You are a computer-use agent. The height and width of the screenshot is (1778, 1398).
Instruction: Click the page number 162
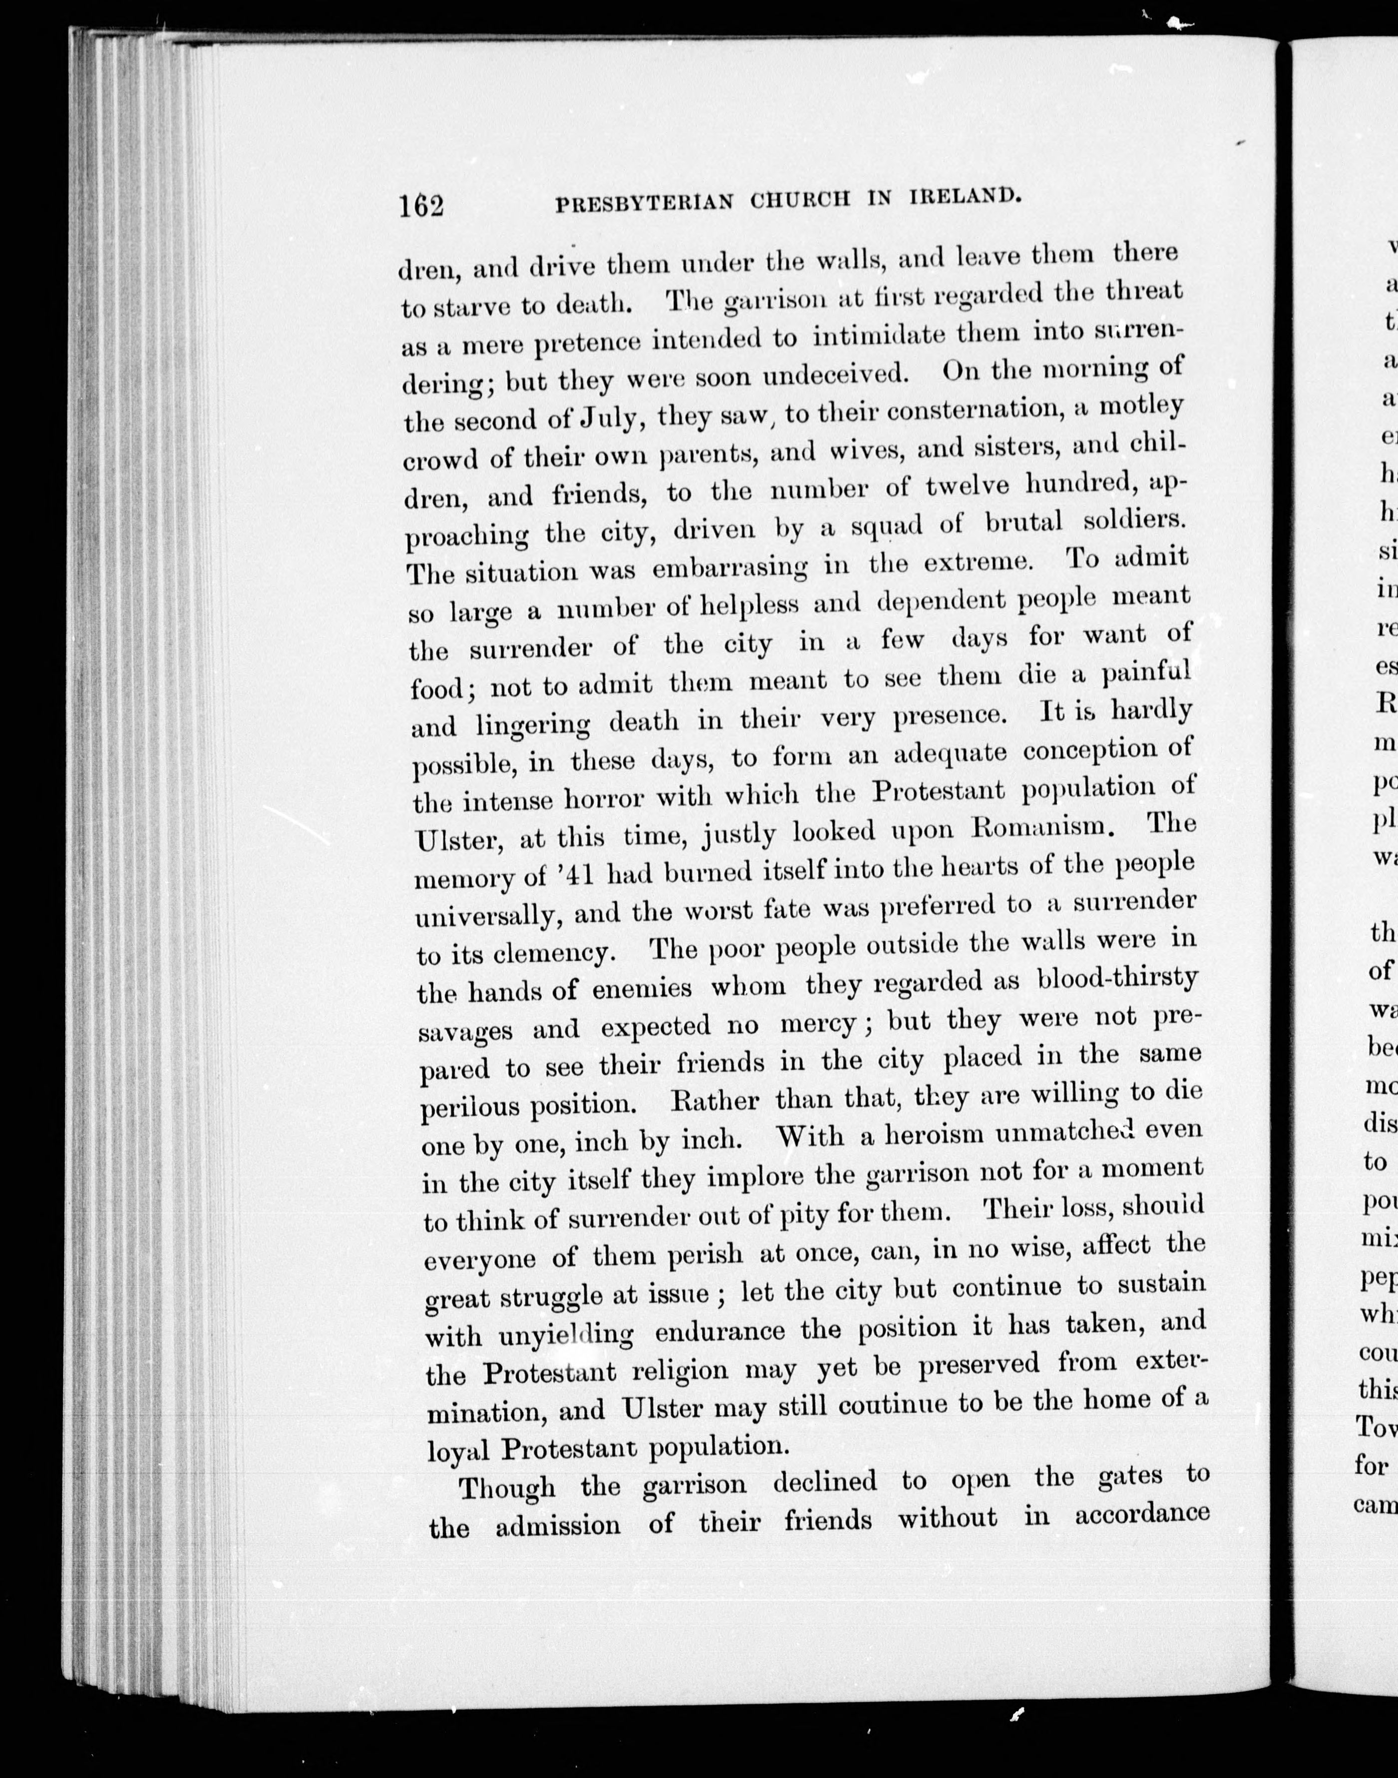coord(421,205)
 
